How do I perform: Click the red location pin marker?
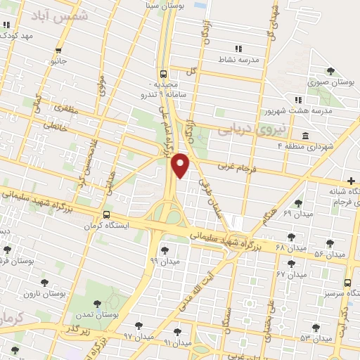click(181, 164)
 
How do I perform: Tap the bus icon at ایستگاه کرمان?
click(106, 215)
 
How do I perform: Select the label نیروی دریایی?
click(247, 129)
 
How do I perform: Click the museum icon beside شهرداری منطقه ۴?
click(304, 135)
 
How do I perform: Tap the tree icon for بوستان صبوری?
click(331, 70)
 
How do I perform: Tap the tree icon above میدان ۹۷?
click(138, 326)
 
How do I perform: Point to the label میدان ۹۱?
click(177, 342)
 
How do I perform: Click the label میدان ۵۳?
click(315, 338)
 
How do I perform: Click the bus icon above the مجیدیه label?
click(164, 73)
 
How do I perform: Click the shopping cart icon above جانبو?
click(58, 50)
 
